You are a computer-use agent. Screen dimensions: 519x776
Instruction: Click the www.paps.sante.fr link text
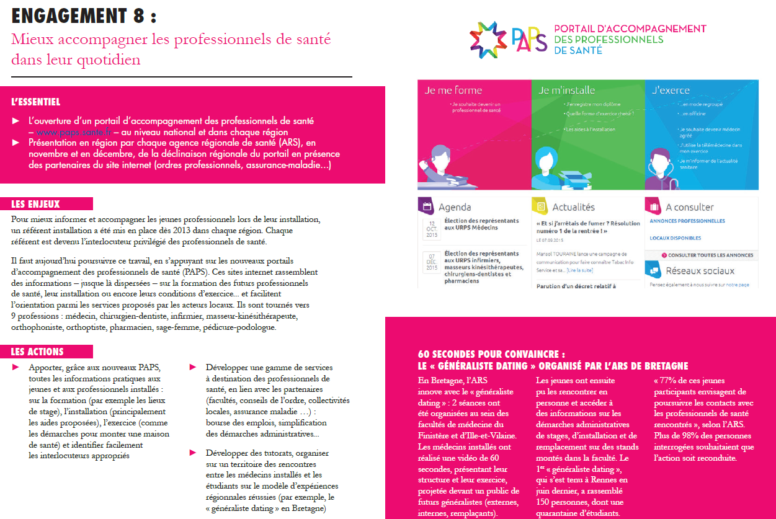(74, 131)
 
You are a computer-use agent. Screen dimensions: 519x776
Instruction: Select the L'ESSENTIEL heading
(36, 102)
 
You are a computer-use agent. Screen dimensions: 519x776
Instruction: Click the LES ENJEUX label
(36, 204)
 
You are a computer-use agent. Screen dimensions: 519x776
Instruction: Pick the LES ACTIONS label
(37, 352)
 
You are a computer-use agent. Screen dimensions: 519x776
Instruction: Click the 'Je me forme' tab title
(453, 90)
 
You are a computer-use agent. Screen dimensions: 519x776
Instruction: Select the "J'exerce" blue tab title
(671, 90)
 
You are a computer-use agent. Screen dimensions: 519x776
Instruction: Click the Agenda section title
(455, 207)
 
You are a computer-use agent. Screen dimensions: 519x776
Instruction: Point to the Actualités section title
(573, 207)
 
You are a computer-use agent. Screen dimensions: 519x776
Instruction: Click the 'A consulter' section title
(689, 207)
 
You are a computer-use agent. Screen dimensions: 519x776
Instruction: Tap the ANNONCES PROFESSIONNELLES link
(687, 221)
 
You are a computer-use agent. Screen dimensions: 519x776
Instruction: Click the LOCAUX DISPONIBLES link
(675, 238)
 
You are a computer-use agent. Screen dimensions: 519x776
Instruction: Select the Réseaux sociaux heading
(700, 271)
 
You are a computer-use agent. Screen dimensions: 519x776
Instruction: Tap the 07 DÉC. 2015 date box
(431, 260)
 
